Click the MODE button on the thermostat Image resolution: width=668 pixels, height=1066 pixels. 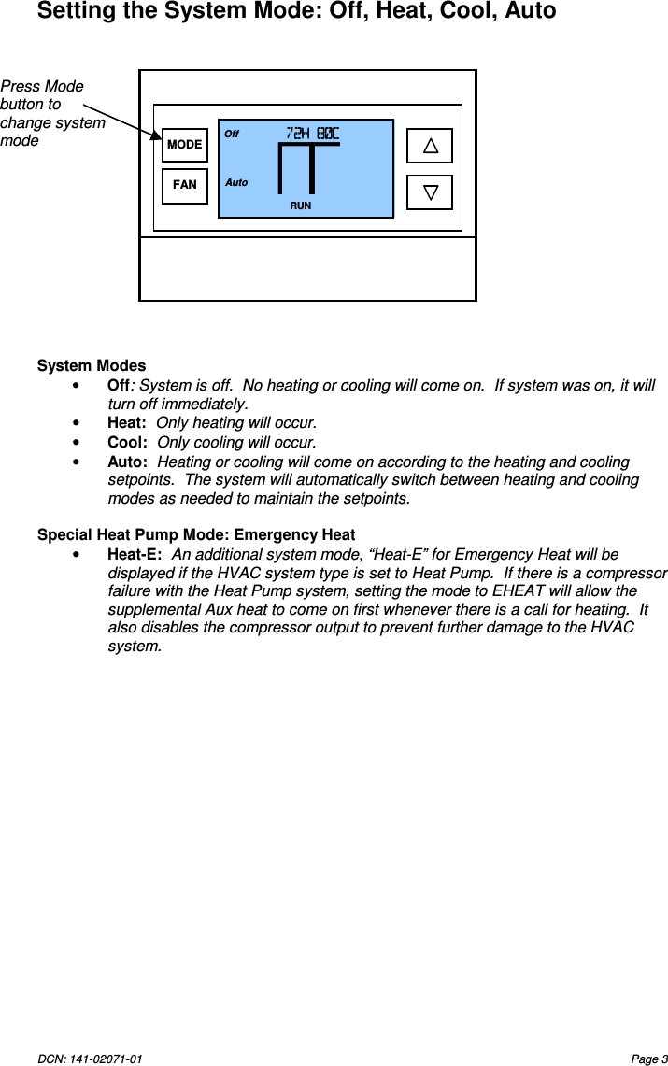[x=184, y=145]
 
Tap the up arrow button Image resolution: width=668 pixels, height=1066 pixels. [x=430, y=146]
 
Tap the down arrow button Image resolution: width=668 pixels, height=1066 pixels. [x=430, y=192]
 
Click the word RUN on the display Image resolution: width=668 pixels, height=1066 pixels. [x=300, y=206]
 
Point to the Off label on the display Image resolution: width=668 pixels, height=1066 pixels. [x=232, y=135]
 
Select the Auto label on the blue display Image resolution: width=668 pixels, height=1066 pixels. [x=236, y=183]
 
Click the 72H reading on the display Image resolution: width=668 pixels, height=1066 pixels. [x=298, y=134]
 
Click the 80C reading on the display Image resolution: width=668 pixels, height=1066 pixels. [x=327, y=134]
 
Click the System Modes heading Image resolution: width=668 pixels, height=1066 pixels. [x=92, y=365]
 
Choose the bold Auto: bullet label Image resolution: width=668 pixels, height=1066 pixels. [x=127, y=462]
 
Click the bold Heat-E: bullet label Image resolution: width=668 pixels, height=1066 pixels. [x=135, y=555]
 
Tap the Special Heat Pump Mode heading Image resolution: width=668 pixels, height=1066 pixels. [x=195, y=535]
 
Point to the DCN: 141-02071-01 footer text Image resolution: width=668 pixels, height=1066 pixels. [x=90, y=1059]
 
